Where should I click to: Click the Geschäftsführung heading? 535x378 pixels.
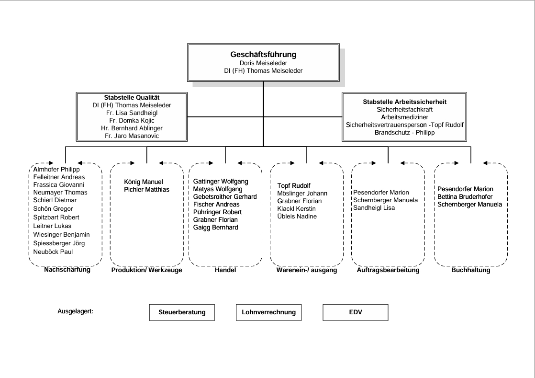click(x=263, y=54)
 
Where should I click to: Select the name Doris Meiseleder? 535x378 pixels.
click(x=263, y=63)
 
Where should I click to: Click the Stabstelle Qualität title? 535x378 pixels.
click(x=132, y=98)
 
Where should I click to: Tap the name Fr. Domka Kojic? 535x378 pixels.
click(x=132, y=121)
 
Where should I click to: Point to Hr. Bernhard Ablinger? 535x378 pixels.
click(x=132, y=128)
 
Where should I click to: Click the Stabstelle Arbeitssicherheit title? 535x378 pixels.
click(x=405, y=102)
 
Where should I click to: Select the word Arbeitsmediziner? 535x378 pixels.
click(x=405, y=117)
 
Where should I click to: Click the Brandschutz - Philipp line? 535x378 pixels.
click(x=405, y=133)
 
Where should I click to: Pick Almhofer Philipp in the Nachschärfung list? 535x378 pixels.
click(x=56, y=170)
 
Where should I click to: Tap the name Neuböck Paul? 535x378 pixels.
click(x=53, y=252)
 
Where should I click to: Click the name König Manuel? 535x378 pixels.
click(x=143, y=182)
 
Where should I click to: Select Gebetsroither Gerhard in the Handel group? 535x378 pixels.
click(x=225, y=197)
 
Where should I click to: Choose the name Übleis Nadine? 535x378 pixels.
click(x=297, y=217)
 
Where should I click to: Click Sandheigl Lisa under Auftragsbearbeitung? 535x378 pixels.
click(x=374, y=207)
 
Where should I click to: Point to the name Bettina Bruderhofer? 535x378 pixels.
click(x=465, y=197)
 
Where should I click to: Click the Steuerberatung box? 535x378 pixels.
click(x=182, y=312)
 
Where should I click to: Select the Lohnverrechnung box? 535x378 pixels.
click(x=268, y=312)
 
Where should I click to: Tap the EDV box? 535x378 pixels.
click(x=355, y=312)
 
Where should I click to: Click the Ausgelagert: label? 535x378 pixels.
click(x=75, y=311)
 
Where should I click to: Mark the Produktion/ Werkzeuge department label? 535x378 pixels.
click(x=147, y=270)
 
